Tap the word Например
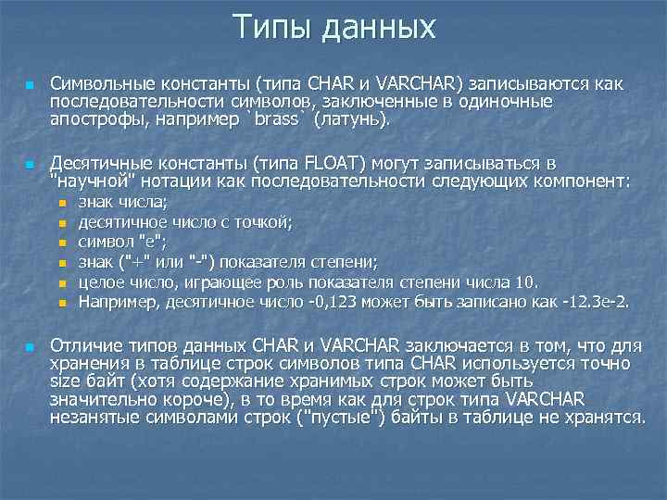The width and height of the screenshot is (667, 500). pyautogui.click(x=116, y=302)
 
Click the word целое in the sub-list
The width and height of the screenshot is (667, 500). pyautogui.click(x=101, y=282)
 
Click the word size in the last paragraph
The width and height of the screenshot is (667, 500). pyautogui.click(x=67, y=381)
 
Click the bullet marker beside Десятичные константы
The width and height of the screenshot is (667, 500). pyautogui.click(x=30, y=165)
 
